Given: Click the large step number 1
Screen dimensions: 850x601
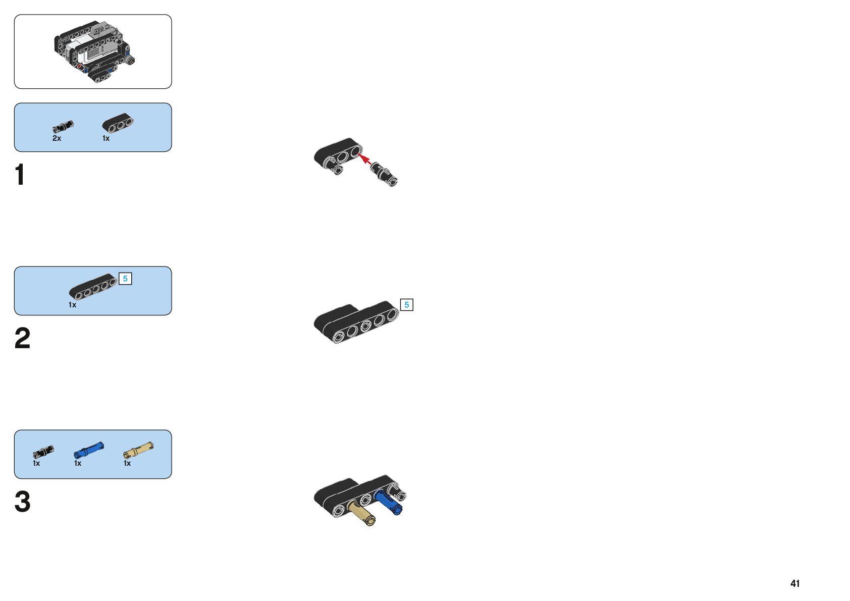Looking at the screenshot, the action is tap(20, 175).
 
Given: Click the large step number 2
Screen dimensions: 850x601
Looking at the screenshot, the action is tap(22, 338).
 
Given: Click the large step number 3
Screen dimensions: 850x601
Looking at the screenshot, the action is tap(22, 502).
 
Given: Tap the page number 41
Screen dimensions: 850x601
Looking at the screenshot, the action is tap(795, 583).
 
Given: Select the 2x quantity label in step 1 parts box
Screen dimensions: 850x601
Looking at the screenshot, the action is tap(57, 138).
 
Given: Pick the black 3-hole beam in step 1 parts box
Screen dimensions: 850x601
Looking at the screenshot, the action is tap(118, 124).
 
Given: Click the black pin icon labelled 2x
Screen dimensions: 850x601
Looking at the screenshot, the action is tap(63, 127).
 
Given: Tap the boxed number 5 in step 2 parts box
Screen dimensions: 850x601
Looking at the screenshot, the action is tap(125, 279).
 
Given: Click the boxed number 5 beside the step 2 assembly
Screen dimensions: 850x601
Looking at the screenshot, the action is tap(406, 305).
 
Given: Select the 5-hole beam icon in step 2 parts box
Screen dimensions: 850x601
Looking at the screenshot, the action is tap(93, 286).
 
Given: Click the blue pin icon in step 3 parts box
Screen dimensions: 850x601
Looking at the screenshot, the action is tap(89, 449).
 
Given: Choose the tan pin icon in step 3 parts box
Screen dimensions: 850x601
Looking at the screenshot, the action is tap(138, 449).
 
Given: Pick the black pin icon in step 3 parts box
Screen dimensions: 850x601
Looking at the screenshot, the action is tap(43, 451).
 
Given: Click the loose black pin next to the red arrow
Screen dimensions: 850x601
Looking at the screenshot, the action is tap(384, 174).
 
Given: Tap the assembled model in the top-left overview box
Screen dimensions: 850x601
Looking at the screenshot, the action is tap(94, 52).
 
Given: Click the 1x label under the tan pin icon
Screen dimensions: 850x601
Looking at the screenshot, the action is tap(127, 463).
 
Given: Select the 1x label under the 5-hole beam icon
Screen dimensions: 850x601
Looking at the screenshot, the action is tap(72, 305).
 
